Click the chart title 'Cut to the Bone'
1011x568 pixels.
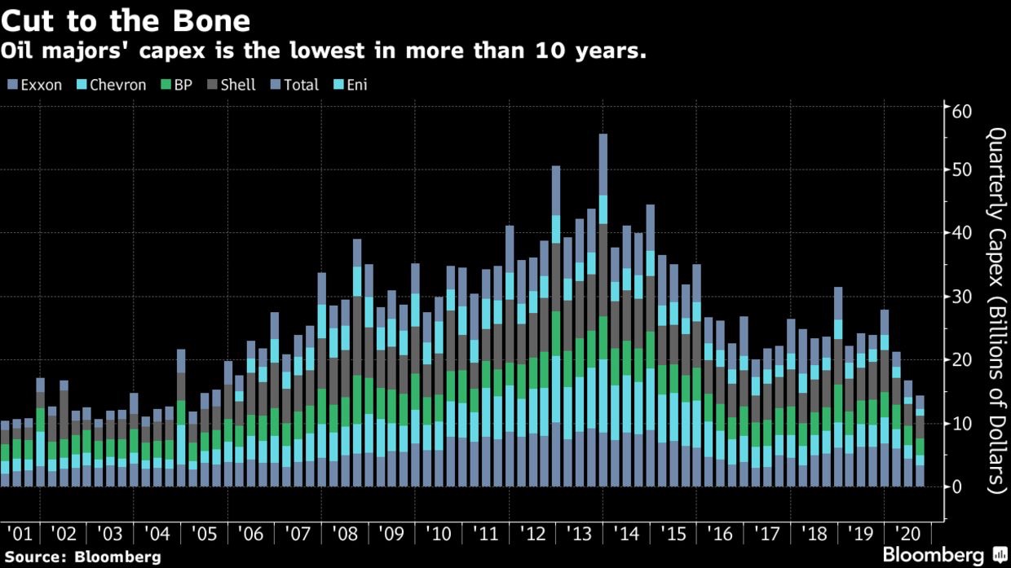point(126,19)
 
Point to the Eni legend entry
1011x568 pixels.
point(351,85)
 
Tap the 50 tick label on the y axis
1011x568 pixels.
point(961,170)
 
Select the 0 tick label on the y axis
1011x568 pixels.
point(956,487)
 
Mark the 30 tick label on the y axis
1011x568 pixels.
point(961,297)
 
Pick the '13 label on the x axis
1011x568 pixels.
point(581,535)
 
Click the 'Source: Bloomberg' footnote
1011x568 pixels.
point(82,557)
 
